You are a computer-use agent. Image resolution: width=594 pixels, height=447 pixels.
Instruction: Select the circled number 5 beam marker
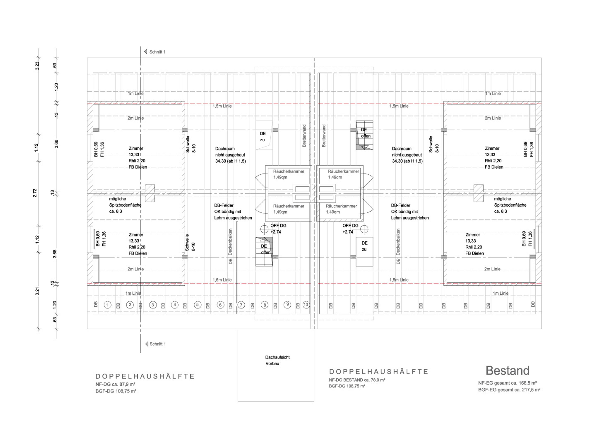tap(197, 305)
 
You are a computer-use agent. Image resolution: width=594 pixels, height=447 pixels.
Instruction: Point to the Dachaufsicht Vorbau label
tap(277, 360)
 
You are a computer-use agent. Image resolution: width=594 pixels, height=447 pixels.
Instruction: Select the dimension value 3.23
tap(37, 66)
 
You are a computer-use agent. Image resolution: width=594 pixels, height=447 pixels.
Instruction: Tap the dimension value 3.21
tap(37, 291)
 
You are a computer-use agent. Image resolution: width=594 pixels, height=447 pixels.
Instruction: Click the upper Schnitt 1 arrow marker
tap(146, 52)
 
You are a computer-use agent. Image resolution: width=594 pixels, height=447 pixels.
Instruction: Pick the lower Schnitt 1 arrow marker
tap(147, 344)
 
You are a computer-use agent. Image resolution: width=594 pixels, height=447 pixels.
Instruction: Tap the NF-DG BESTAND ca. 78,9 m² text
tap(357, 380)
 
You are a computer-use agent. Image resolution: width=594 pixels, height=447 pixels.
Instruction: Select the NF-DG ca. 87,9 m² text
tap(115, 384)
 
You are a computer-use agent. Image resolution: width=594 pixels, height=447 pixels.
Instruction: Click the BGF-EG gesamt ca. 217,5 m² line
tap(509, 390)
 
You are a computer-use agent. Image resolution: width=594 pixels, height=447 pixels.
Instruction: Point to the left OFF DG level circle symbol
tap(264, 229)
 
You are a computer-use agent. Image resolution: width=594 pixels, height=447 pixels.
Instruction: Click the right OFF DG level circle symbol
tap(364, 229)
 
